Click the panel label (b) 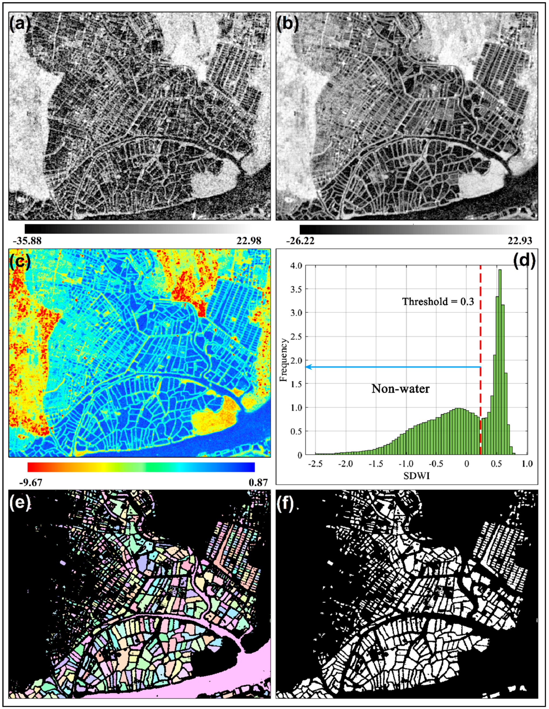click(x=288, y=24)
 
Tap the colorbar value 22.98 click(x=247, y=241)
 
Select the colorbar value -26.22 click(x=300, y=241)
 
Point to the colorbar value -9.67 click(x=31, y=482)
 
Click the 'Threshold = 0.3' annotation click(x=438, y=302)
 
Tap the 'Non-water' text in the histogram click(x=400, y=389)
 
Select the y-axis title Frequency click(x=284, y=360)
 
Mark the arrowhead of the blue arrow click(x=308, y=367)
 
